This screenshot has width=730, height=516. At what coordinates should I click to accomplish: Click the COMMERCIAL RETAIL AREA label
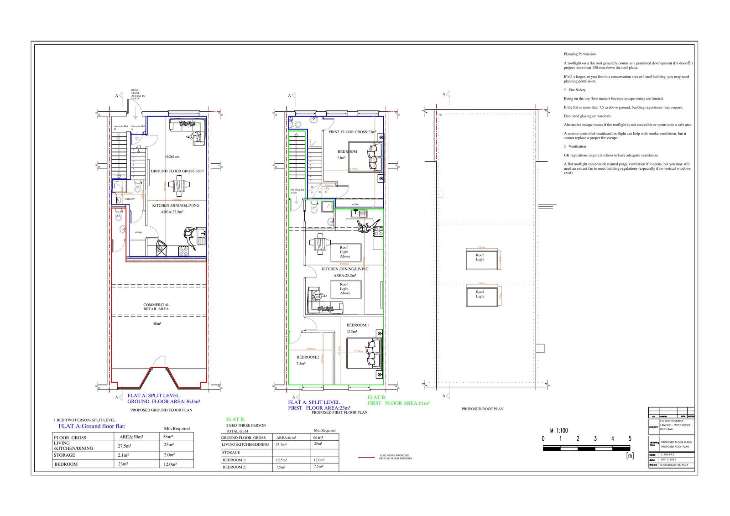click(156, 307)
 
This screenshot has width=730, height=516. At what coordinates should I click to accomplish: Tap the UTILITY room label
click(130, 199)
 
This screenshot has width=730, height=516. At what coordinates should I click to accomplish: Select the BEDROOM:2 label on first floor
click(308, 357)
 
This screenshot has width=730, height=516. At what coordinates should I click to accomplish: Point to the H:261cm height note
click(172, 156)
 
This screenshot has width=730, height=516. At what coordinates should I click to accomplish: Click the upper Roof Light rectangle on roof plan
click(481, 260)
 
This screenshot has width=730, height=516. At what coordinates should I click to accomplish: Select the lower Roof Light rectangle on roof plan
click(481, 296)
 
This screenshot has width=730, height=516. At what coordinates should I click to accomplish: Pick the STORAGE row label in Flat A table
click(64, 455)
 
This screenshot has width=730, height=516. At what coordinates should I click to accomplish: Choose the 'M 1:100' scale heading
click(559, 430)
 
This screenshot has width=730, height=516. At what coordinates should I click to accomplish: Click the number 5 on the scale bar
click(630, 439)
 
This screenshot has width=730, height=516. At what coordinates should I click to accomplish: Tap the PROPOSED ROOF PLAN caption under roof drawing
click(482, 409)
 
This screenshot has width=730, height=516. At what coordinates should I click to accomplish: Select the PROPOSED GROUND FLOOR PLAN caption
click(161, 410)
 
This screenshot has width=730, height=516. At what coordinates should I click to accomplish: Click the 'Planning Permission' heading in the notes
click(579, 54)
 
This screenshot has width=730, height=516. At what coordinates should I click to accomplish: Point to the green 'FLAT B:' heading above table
click(236, 419)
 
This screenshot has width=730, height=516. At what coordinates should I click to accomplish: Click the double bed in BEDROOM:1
click(364, 354)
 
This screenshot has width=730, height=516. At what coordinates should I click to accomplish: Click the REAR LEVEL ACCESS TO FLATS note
click(138, 94)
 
